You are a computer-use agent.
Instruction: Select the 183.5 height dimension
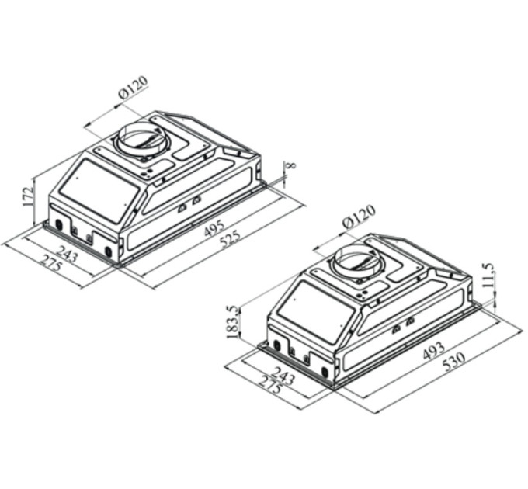pyautogui.click(x=233, y=322)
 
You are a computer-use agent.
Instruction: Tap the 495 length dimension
pyautogui.click(x=214, y=228)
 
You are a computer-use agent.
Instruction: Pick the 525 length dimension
pyautogui.click(x=231, y=238)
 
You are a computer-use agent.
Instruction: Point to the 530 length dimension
pyautogui.click(x=454, y=361)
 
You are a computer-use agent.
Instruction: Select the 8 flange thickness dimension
pyautogui.click(x=292, y=165)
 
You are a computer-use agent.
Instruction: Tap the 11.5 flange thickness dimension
pyautogui.click(x=488, y=275)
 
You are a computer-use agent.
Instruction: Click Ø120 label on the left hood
pyautogui.click(x=134, y=87)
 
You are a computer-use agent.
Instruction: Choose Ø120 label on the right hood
pyautogui.click(x=359, y=215)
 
